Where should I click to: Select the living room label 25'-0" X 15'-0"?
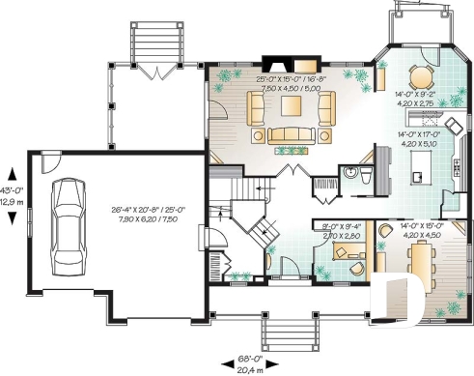[x=290, y=76]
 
